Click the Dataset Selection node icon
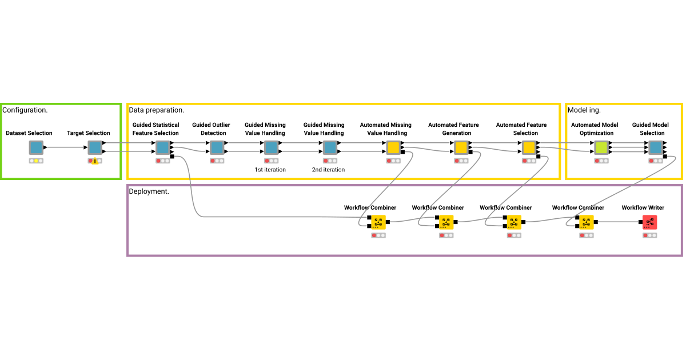(36, 148)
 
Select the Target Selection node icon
(94, 148)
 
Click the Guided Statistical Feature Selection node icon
(162, 148)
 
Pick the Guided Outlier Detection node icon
(216, 148)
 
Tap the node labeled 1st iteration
(271, 148)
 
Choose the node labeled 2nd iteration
(330, 148)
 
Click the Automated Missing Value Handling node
(393, 148)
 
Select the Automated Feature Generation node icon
(461, 148)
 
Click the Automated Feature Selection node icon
(529, 148)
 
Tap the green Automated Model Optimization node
(601, 148)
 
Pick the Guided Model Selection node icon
(656, 148)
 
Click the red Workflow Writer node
(649, 222)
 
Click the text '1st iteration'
(270, 170)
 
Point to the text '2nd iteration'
(329, 170)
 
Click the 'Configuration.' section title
(25, 110)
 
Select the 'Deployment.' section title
(149, 191)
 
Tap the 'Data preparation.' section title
(156, 110)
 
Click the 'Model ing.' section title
(584, 110)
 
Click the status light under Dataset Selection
(36, 161)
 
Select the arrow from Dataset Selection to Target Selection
(65, 147)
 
